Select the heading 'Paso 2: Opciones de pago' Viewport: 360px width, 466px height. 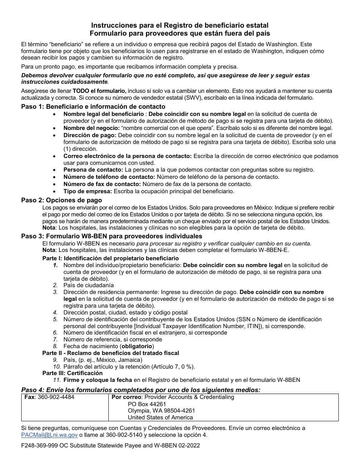[61, 200]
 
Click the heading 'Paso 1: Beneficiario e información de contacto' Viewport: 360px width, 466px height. [93, 106]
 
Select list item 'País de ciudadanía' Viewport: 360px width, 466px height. [88, 285]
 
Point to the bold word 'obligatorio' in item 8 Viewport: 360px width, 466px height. [137, 346]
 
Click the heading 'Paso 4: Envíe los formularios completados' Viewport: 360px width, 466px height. [91, 390]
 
